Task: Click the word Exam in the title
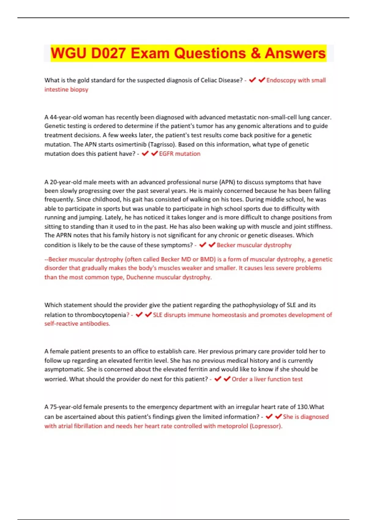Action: [150, 53]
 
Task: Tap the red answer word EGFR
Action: [166, 154]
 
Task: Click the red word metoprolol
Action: [232, 426]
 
